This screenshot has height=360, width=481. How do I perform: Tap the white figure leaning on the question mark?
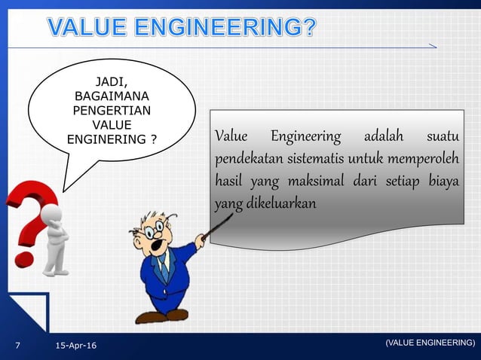[x=55, y=241]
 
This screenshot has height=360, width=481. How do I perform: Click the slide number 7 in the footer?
[x=19, y=346]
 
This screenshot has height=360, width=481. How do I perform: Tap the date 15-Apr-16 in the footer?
[x=81, y=346]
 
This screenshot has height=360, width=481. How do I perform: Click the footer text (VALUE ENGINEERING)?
[x=430, y=343]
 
